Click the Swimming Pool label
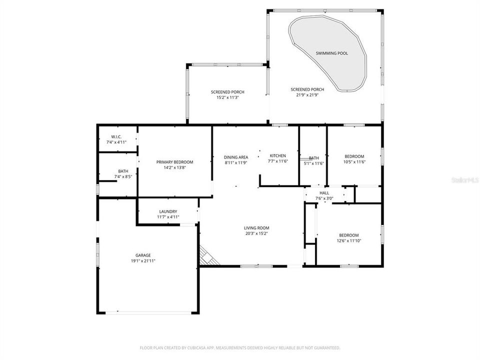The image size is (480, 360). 331,53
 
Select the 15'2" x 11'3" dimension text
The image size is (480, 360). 227,98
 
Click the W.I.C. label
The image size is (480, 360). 116,137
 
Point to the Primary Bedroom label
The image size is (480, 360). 174,162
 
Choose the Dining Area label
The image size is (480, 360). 236,157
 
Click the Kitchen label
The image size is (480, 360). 277,156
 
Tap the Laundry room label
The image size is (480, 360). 168,211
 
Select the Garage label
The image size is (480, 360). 143,255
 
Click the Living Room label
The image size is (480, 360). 256,228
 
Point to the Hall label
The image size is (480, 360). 324,193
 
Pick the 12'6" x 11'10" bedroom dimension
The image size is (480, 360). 348,240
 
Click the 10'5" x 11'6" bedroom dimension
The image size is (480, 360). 354,161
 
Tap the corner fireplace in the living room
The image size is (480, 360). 207,256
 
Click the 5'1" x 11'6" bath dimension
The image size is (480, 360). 314,163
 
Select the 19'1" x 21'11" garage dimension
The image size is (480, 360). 143,260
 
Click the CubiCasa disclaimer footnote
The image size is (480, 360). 239,347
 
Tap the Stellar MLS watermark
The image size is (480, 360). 465,178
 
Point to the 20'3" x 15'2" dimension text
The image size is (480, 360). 256,233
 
